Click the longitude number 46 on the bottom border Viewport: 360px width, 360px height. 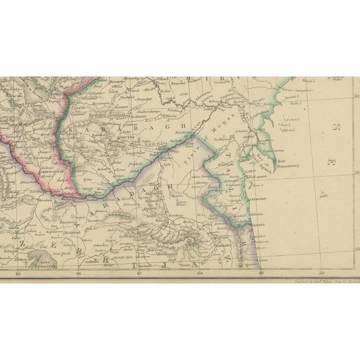coord(78,274)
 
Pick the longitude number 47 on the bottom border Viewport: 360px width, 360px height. coord(139,274)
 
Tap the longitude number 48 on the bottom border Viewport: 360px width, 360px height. coord(200,274)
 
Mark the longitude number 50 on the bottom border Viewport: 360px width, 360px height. coord(321,274)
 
